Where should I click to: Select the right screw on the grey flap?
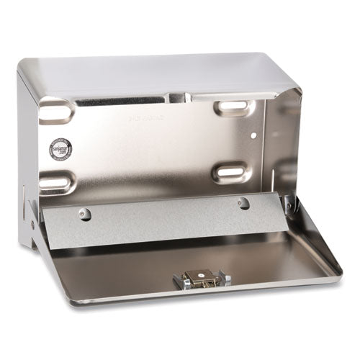coord(243,202)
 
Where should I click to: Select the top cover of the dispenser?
coord(166,72)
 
